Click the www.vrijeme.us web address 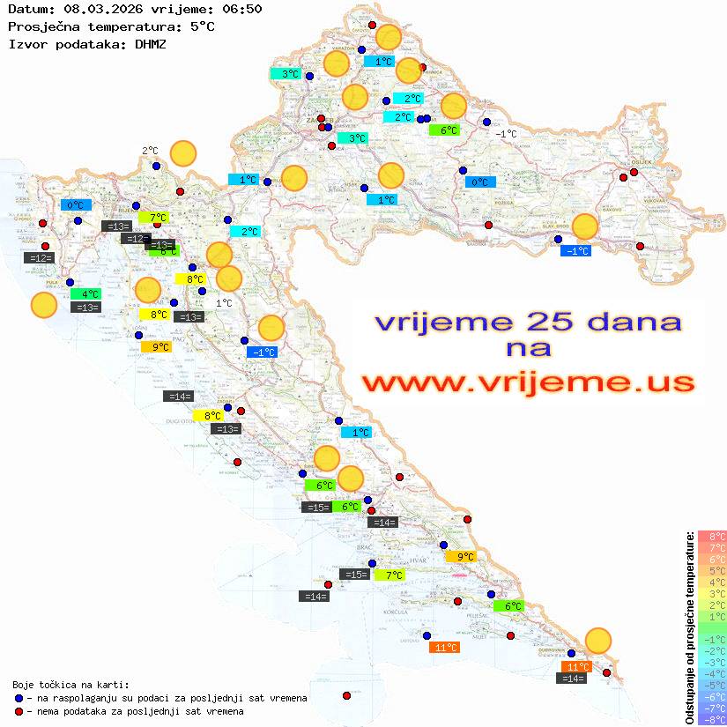tap(528, 382)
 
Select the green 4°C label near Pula tap(89, 294)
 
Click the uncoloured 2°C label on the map tap(150, 151)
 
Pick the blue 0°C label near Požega tap(480, 182)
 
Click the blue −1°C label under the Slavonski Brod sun tap(576, 251)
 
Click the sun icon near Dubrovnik tap(598, 641)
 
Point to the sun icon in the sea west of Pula tap(44, 306)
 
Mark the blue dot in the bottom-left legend tap(19, 698)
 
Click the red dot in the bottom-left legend tap(19, 711)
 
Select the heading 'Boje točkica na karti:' tap(70, 685)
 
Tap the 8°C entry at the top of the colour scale tap(712, 536)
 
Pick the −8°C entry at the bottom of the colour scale tap(712, 719)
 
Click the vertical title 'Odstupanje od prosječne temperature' tap(689, 628)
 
